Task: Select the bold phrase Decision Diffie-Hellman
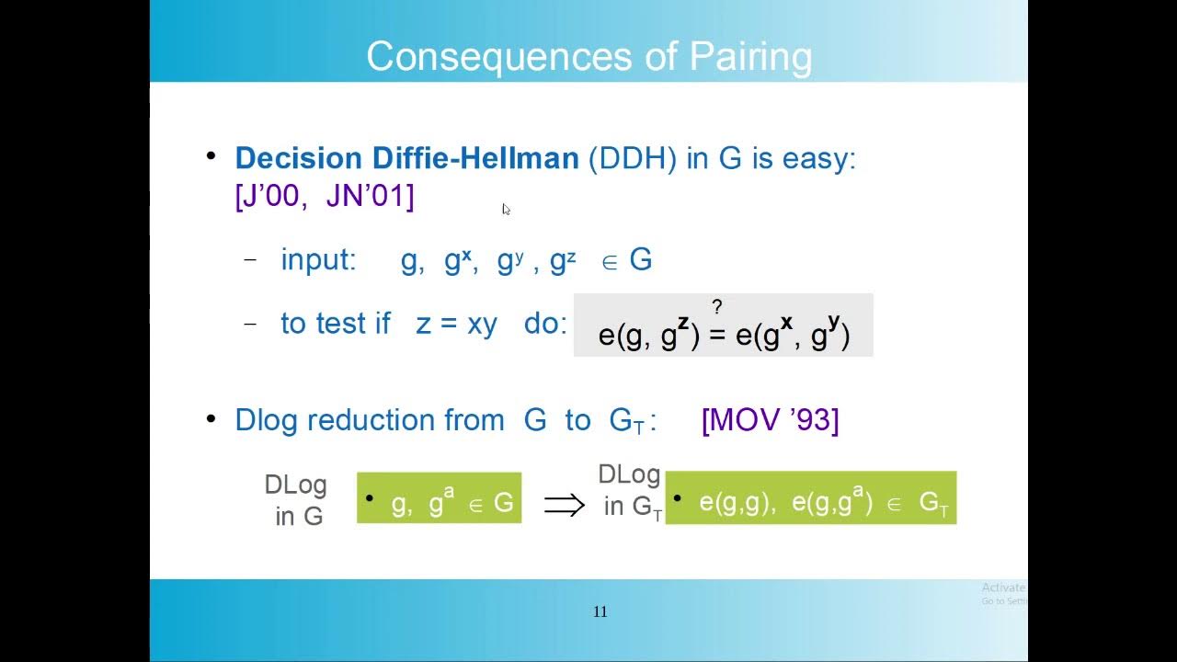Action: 406,158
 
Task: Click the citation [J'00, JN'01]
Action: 325,196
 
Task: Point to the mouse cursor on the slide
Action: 506,210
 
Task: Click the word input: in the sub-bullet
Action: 318,260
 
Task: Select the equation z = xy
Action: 456,324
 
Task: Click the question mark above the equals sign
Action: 717,307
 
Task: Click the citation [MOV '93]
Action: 770,420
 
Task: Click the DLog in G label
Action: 296,500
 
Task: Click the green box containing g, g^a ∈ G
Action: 439,498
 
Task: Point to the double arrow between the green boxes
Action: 564,504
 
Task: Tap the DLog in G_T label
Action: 630,491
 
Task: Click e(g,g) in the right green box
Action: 733,503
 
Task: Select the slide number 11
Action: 600,612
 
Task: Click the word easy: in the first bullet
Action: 818,158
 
